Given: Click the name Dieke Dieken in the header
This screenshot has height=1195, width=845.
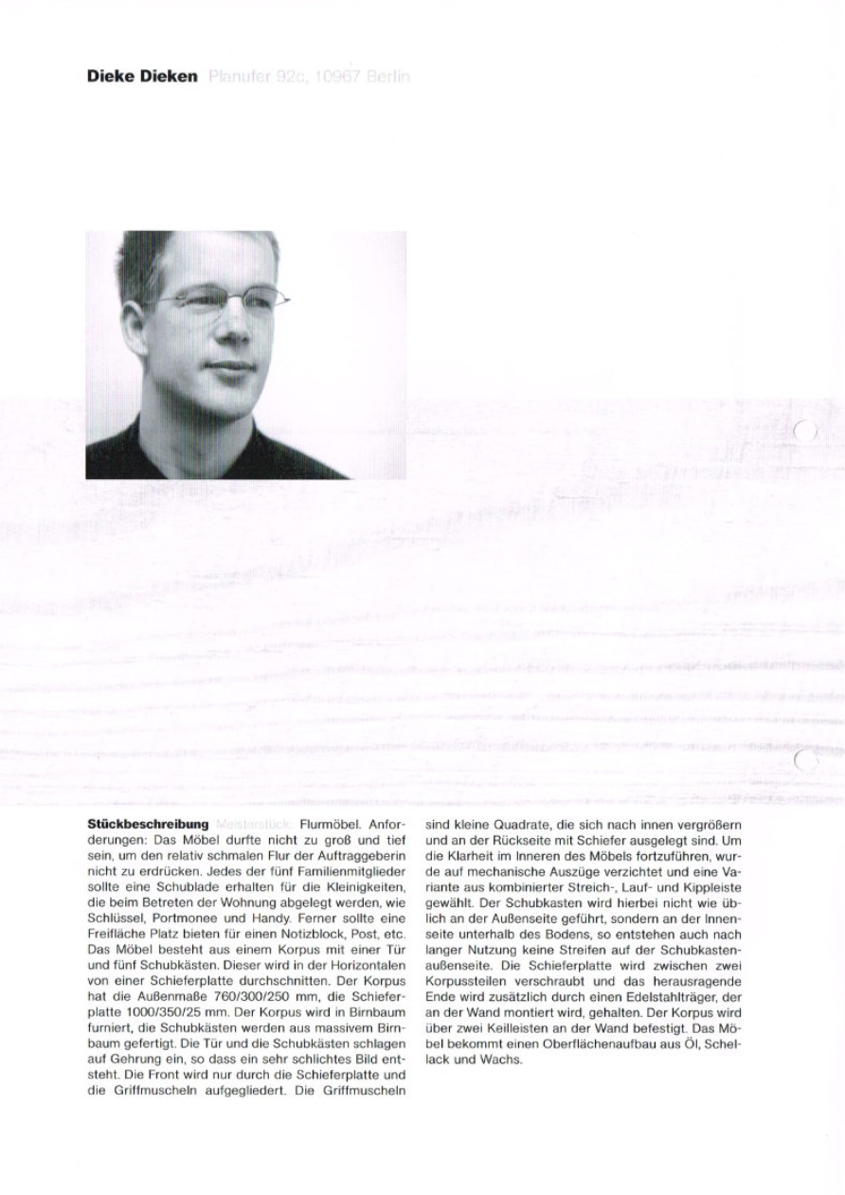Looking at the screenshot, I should tap(142, 77).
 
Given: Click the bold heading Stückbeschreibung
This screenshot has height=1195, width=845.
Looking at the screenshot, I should tap(147, 824).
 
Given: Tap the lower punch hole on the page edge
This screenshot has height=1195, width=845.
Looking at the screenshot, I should tap(805, 759).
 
